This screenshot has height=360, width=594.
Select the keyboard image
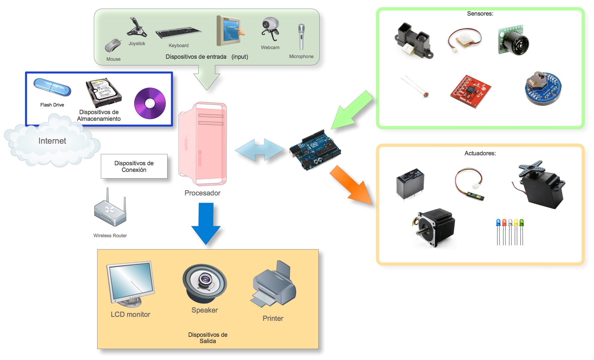coord(178,33)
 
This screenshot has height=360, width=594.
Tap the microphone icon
coord(301,37)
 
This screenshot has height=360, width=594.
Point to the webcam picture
coord(271,29)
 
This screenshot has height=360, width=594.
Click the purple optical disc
coord(150,103)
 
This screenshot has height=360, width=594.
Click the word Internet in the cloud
coord(52,141)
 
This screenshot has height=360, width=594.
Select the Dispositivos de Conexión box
coord(134,166)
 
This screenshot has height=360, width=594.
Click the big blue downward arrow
coord(206,224)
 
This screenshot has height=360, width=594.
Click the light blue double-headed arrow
coord(260,150)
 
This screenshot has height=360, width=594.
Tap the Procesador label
coord(202,193)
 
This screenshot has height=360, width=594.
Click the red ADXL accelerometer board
coord(470,91)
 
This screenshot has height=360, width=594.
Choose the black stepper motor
coord(434,228)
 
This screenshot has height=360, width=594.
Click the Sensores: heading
coord(480,14)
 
